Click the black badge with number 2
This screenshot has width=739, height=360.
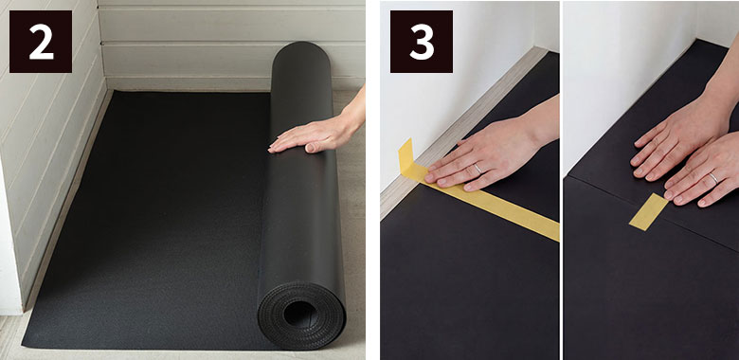[x=41, y=42]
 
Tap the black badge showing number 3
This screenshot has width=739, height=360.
[x=422, y=42]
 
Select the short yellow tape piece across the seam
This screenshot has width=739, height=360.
[x=648, y=211]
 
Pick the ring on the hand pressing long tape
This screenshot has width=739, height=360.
[x=478, y=168]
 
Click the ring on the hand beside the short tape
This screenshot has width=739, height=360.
[x=713, y=178]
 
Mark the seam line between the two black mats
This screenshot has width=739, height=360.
[x=651, y=211]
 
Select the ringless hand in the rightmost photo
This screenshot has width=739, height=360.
[x=678, y=141]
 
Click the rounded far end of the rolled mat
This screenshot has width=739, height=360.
[x=300, y=53]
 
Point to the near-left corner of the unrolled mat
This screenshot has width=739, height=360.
[x=23, y=347]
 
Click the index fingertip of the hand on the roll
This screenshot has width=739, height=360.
[x=271, y=150]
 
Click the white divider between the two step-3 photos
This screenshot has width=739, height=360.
[x=561, y=180]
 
